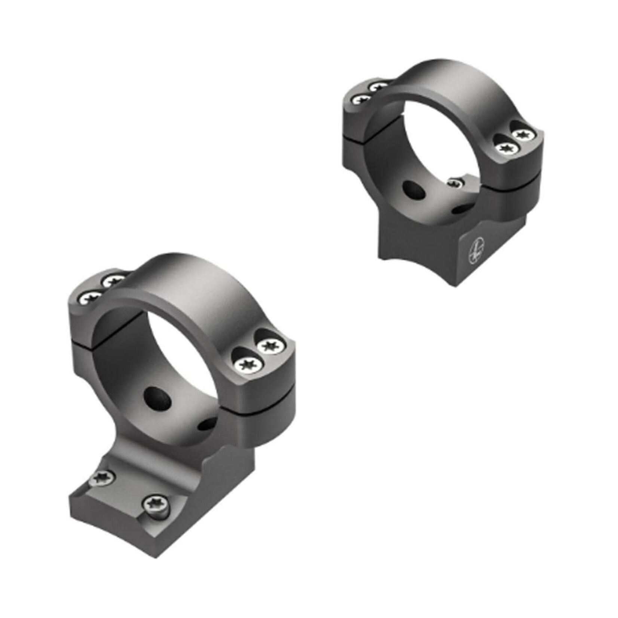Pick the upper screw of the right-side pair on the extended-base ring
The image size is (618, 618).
268,345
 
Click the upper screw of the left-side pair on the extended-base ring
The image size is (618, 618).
113,279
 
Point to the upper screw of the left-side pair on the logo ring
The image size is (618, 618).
379,87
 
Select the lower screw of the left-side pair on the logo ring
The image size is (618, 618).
362,100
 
